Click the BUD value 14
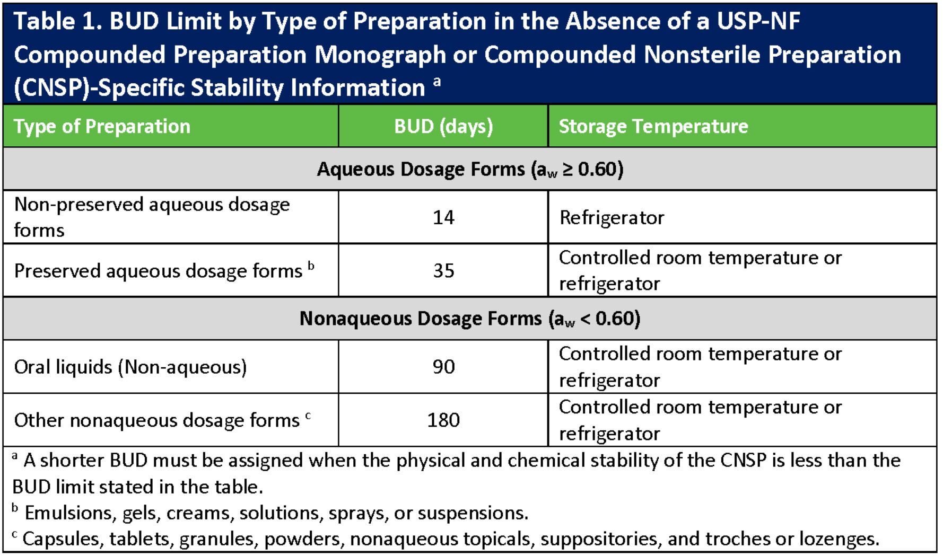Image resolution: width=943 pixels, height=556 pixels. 443,217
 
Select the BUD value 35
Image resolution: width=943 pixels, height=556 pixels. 443,271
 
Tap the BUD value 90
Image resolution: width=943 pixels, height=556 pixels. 443,367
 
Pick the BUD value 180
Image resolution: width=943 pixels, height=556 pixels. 443,420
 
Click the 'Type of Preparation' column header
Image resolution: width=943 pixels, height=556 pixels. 102,127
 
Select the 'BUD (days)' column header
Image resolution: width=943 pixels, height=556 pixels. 443,127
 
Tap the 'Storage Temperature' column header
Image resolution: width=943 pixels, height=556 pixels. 653,127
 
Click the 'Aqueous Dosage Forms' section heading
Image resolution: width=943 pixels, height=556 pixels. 470,170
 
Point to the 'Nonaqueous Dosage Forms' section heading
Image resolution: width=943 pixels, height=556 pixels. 470,319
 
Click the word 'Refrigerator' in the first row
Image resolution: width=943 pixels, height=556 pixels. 612,218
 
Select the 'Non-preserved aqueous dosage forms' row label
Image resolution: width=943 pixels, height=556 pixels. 152,217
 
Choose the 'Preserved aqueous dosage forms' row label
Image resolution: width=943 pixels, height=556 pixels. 158,271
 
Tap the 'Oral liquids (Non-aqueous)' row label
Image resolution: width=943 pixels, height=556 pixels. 130,367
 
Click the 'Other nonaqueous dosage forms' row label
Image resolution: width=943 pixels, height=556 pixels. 157,420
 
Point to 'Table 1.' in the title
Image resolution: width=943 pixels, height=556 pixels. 58,22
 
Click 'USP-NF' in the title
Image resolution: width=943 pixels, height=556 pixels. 758,22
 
